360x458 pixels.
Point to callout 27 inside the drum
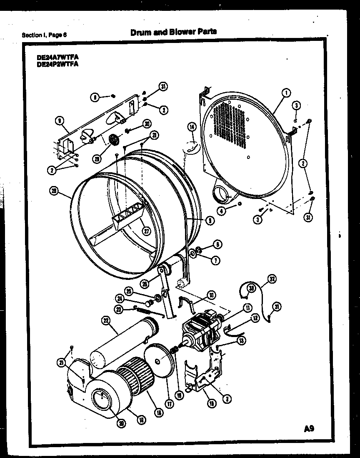click(x=145, y=232)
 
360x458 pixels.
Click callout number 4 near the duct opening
click(x=222, y=211)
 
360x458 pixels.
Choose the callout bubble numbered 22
click(x=105, y=320)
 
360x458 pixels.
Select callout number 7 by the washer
click(x=216, y=261)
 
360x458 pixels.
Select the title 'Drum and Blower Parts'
click(x=173, y=32)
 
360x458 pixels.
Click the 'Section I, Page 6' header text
click(x=44, y=35)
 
